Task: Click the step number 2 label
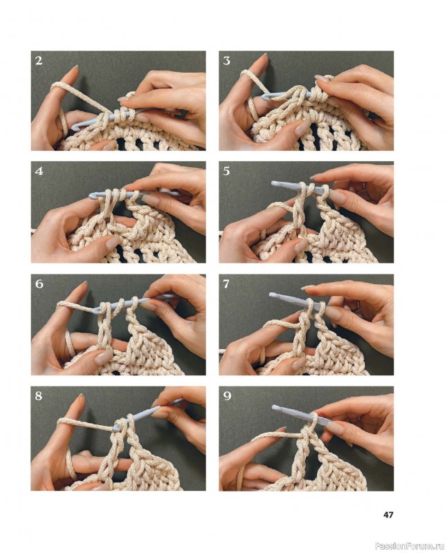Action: coord(39,61)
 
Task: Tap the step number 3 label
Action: coord(227,61)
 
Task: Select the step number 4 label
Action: coord(39,171)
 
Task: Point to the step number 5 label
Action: coord(227,171)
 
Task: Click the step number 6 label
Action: coord(39,283)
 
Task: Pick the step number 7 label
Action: coord(227,284)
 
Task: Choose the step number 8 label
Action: coord(39,395)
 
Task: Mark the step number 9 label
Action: coord(227,396)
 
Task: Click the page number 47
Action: coord(388,515)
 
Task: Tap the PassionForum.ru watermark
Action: coord(410,546)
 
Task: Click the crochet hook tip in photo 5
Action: coord(274,182)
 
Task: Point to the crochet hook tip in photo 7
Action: coord(272,295)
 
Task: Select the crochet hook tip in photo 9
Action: coord(275,408)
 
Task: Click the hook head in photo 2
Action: coord(75,126)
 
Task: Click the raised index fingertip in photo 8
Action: coord(81,396)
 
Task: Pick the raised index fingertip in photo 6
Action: coord(84,283)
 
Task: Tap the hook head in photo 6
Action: coord(96,310)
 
